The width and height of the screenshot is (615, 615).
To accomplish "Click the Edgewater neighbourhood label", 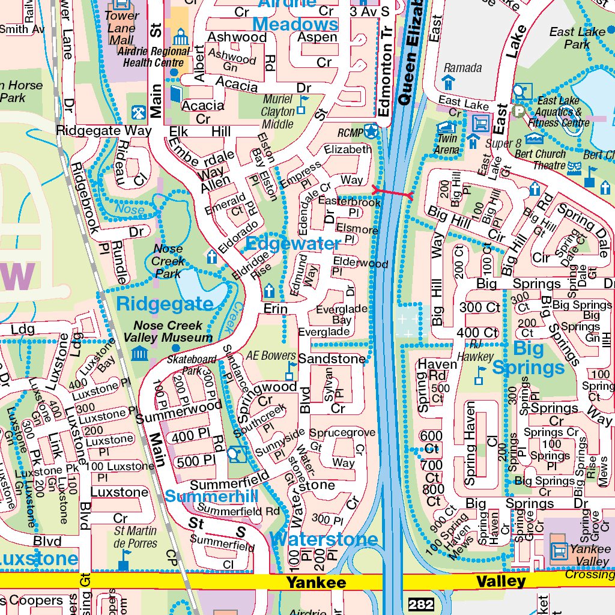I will (293, 244).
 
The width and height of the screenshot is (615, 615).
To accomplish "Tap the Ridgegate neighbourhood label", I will (165, 303).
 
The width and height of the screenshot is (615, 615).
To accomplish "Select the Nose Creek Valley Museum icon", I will (140, 353).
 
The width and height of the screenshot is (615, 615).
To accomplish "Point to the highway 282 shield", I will (420, 604).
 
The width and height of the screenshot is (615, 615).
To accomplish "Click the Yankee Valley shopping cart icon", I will (559, 550).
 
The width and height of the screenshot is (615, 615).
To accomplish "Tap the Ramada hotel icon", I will (448, 82).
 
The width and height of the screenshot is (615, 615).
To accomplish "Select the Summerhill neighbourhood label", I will (211, 497).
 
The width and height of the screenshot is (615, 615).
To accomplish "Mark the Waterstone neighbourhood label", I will (324, 539).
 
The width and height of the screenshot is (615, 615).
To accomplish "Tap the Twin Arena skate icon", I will (445, 128).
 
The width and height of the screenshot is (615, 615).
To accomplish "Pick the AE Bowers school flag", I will (291, 371).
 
